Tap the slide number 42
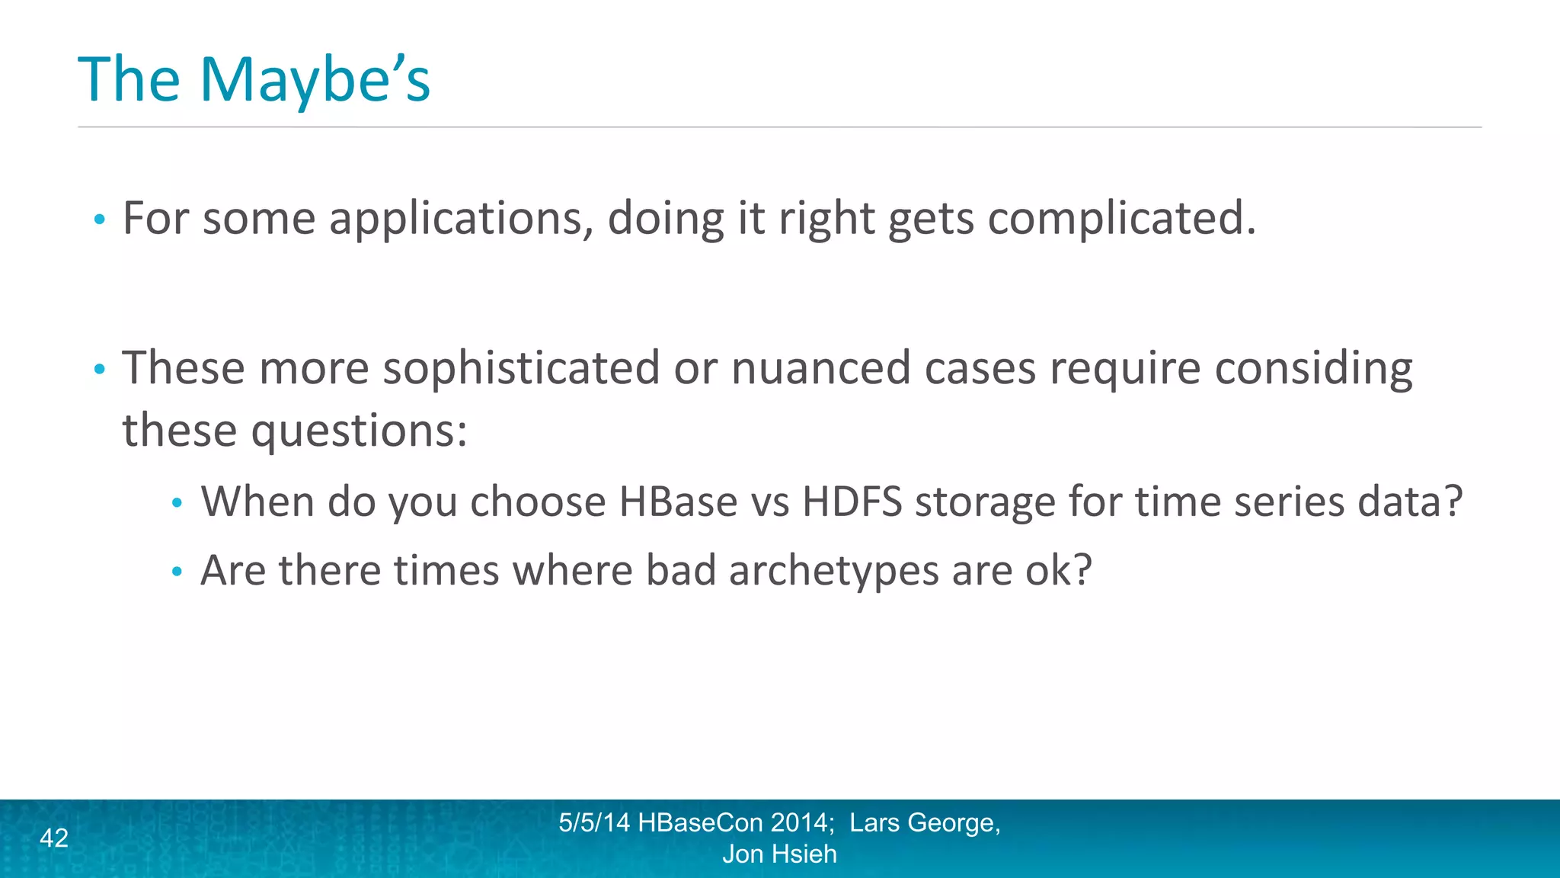tap(54, 838)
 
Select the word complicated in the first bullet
tap(1121, 219)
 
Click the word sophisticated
tap(521, 369)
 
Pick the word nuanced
tap(820, 369)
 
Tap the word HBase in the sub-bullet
tap(678, 502)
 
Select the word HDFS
tap(852, 502)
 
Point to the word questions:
tap(359, 431)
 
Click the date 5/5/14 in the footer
tap(594, 823)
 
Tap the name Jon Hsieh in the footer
tap(779, 854)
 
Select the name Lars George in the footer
tap(924, 823)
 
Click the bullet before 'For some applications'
tap(99, 220)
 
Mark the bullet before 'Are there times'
tap(177, 572)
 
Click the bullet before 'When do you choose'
tap(177, 503)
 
